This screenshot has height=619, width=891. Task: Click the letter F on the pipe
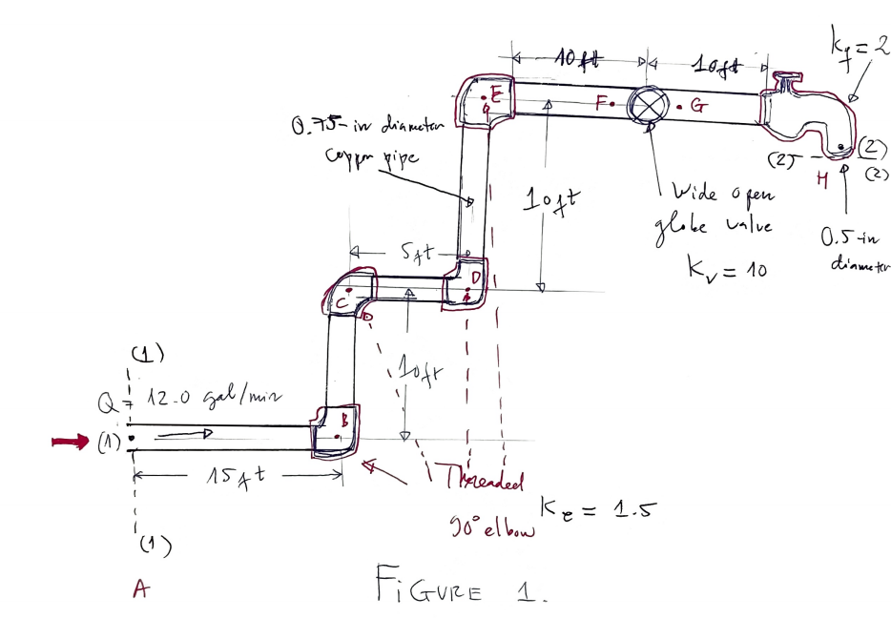pos(600,103)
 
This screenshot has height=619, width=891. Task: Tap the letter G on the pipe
pos(696,108)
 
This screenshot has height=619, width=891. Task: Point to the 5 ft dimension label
pos(416,253)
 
